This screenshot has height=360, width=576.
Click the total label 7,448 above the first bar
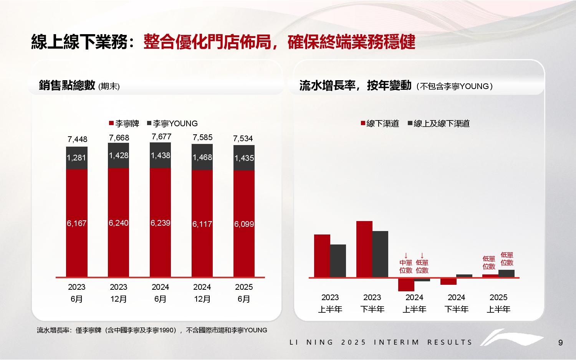click(77, 139)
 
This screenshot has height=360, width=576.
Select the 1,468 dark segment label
click(202, 157)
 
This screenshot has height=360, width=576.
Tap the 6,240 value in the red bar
click(118, 223)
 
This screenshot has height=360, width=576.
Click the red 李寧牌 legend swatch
click(111, 124)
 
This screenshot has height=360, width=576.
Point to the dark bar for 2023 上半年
click(338, 261)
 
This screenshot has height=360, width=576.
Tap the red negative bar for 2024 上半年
click(406, 284)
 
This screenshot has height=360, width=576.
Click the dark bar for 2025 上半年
click(506, 273)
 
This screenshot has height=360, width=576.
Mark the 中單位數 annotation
click(406, 266)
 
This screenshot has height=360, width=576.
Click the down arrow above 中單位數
click(406, 255)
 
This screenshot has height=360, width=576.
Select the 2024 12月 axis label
click(202, 293)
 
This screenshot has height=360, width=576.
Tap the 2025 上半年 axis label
click(498, 303)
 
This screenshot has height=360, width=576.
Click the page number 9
click(560, 343)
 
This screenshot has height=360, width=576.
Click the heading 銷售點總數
click(67, 85)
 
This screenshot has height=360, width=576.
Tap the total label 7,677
click(161, 137)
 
